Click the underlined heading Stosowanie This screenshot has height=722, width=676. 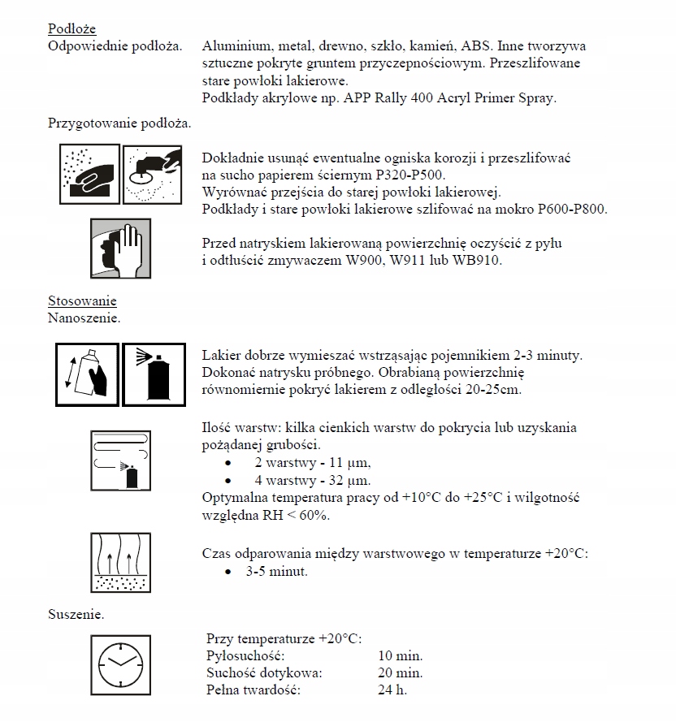pyautogui.click(x=82, y=302)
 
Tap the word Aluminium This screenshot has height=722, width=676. pyautogui.click(x=233, y=45)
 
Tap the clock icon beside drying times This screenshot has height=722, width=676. pyautogui.click(x=119, y=664)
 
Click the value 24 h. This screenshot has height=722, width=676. pyautogui.click(x=392, y=690)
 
